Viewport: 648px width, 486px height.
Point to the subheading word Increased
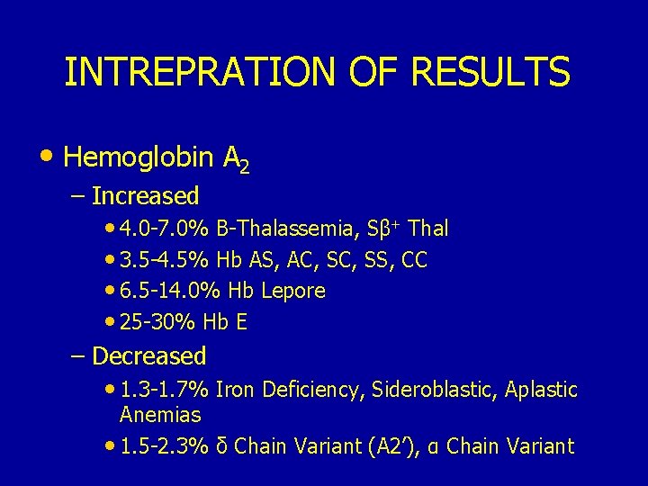pyautogui.click(x=145, y=195)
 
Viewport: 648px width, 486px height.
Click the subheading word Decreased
pyautogui.click(x=149, y=355)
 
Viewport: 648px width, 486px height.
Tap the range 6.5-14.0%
pyautogui.click(x=170, y=291)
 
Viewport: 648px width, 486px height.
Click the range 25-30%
pyautogui.click(x=159, y=321)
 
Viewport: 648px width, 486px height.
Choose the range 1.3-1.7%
pyautogui.click(x=165, y=390)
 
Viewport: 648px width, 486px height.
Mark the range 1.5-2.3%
pyautogui.click(x=165, y=445)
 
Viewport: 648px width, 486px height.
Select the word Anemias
pyautogui.click(x=160, y=415)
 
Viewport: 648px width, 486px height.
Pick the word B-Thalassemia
pyautogui.click(x=289, y=229)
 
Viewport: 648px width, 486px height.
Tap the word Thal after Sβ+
pyautogui.click(x=429, y=229)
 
